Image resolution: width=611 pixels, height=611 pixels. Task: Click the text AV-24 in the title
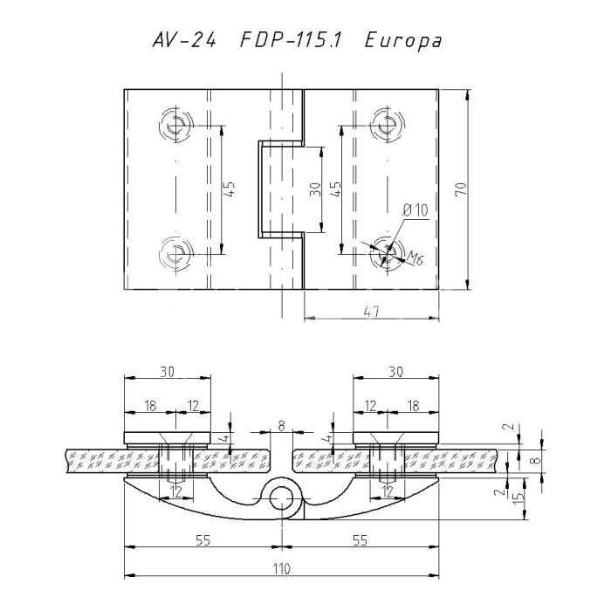(x=182, y=41)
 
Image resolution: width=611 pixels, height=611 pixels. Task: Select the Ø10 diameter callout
(x=414, y=211)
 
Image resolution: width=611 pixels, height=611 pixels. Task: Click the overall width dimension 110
(x=280, y=568)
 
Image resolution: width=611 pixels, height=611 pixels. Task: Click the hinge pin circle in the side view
(x=281, y=498)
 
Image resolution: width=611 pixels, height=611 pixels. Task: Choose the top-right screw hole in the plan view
(x=385, y=124)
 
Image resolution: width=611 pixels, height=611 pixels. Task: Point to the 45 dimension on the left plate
(x=230, y=189)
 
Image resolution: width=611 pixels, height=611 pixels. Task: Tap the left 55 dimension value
(x=203, y=540)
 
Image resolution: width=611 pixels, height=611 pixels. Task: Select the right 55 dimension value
(x=358, y=540)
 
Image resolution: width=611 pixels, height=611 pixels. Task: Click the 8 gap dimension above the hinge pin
(x=280, y=426)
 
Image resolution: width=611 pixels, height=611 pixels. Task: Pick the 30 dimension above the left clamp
(x=168, y=371)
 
